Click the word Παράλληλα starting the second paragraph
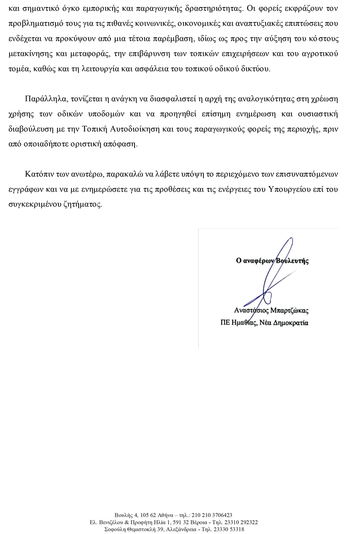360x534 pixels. coord(43,99)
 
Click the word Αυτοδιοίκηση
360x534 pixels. coord(135,129)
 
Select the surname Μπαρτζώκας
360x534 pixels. coord(289,310)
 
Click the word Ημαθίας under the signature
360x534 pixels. coord(244,322)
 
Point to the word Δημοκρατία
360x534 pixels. coord(291,322)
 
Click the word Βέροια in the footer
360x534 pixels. coord(200,522)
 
